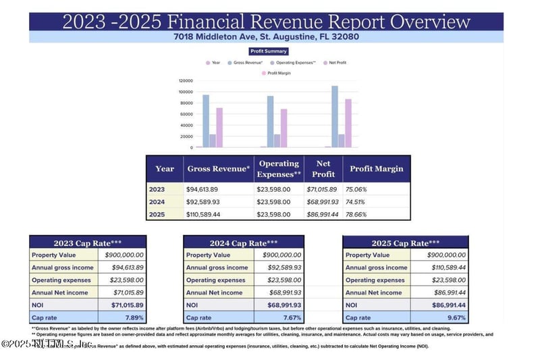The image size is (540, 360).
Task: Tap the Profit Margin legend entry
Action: pyautogui.click(x=279, y=72)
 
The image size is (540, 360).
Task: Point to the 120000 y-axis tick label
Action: pyautogui.click(x=186, y=80)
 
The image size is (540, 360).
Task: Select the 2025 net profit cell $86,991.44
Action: pyautogui.click(x=323, y=214)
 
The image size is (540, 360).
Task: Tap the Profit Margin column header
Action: pyautogui.click(x=376, y=169)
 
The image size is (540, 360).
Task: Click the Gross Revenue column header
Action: pyautogui.click(x=219, y=169)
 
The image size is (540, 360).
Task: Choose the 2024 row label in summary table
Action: pyautogui.click(x=157, y=201)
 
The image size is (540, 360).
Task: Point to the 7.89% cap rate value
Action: pyautogui.click(x=133, y=317)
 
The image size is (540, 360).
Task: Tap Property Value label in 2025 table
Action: pyautogui.click(x=367, y=255)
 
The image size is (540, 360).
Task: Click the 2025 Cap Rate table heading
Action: pyautogui.click(x=405, y=243)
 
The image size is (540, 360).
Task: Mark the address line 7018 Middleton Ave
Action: pyautogui.click(x=267, y=36)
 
